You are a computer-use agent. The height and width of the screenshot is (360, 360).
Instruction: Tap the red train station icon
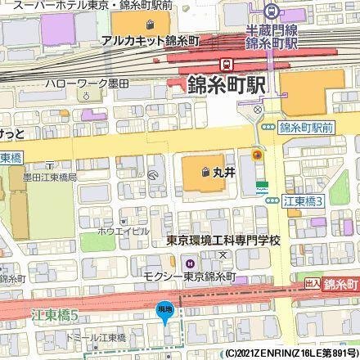[x=225, y=65]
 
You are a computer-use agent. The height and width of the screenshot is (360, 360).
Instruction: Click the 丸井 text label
[x=225, y=173]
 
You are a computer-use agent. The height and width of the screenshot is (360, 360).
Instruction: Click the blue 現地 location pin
[x=163, y=308]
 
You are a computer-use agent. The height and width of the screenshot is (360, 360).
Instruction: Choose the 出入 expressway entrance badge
[x=312, y=282]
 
